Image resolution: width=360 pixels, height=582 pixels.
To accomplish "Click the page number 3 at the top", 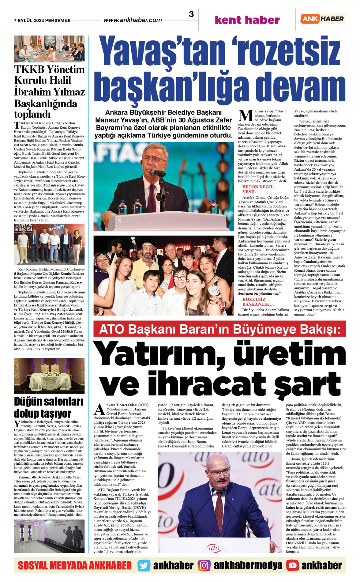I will (191, 14).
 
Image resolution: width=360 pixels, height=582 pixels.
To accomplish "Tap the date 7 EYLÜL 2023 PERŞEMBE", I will (42, 21).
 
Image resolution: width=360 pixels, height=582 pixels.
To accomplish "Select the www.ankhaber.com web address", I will (133, 20).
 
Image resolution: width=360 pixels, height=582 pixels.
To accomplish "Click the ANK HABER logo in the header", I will (323, 19).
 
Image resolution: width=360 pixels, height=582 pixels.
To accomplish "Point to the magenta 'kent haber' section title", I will (247, 20).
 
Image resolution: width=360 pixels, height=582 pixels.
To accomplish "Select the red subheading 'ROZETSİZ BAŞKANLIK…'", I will (258, 301).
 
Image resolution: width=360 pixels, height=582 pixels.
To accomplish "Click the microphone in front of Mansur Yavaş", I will (158, 173).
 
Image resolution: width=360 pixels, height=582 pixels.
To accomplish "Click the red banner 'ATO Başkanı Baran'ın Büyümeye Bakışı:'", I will (219, 329).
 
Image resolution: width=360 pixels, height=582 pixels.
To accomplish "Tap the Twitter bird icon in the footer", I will (144, 565).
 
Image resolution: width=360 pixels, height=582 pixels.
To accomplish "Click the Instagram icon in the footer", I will (204, 565).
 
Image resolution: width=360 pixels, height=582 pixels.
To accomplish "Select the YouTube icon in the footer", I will (292, 565).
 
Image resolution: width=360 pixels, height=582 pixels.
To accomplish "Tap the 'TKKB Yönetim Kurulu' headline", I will (49, 91).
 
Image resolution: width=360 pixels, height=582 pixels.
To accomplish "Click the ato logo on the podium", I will (214, 548).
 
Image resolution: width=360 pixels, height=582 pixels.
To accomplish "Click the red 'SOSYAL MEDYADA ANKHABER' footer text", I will (75, 565).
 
